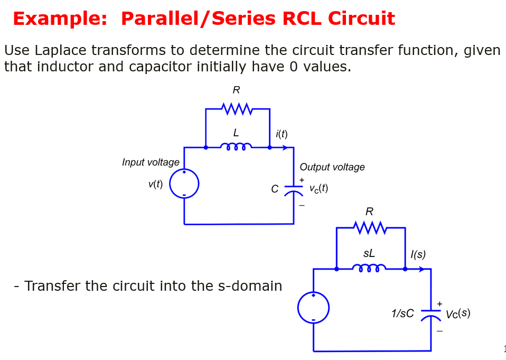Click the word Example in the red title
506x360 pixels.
pos(60,19)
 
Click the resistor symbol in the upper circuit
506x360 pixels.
pos(237,109)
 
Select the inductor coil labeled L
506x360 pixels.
pos(236,146)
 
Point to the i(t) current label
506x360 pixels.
pos(282,134)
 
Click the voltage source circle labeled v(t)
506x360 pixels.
pos(184,184)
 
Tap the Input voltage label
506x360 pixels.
pos(151,162)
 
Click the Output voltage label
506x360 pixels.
pos(332,167)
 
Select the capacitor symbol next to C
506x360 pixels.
pos(293,190)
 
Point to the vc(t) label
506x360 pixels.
pos(318,188)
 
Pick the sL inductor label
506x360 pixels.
pos(369,254)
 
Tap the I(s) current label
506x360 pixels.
pos(418,254)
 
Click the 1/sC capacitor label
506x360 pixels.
pos(402,313)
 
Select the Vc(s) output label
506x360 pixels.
pos(457,313)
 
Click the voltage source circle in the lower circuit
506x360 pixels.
pos(313,308)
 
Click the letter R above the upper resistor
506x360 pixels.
pos(236,90)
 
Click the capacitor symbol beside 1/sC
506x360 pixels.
pos(430,315)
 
